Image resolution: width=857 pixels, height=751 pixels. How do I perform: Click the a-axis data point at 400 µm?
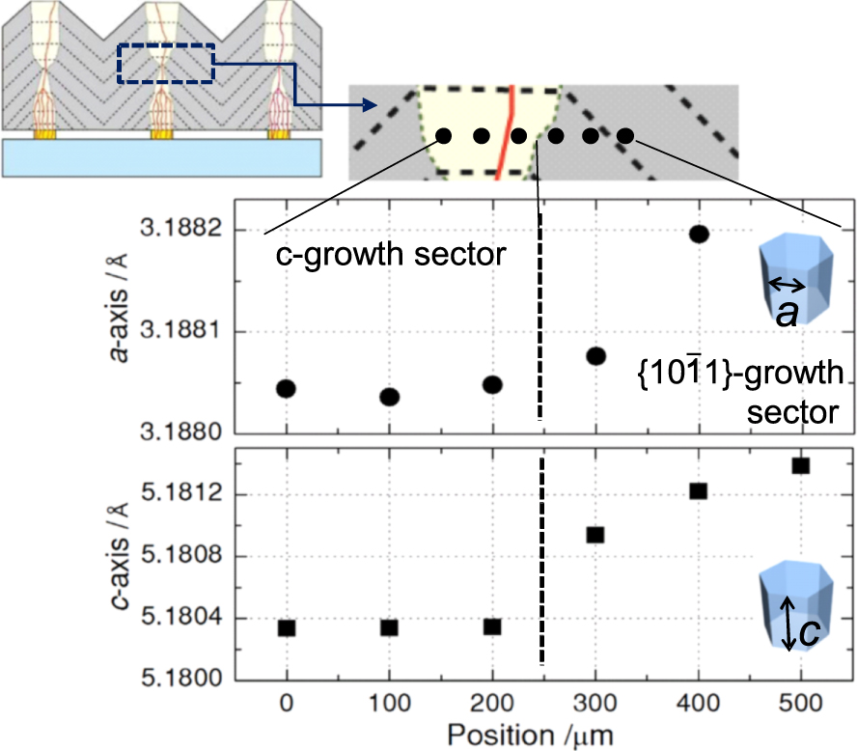(699, 234)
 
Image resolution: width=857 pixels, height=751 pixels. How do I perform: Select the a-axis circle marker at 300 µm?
(595, 356)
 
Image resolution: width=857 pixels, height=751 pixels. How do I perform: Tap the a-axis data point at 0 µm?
(286, 388)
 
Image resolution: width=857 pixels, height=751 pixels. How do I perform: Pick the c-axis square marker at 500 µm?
(800, 465)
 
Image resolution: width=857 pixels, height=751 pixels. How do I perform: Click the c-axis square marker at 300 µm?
(595, 535)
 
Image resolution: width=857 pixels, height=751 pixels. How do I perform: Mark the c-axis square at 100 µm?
(389, 627)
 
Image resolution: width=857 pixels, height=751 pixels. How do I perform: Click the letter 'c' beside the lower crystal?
(812, 630)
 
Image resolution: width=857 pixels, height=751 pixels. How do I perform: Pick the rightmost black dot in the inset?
(625, 136)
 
